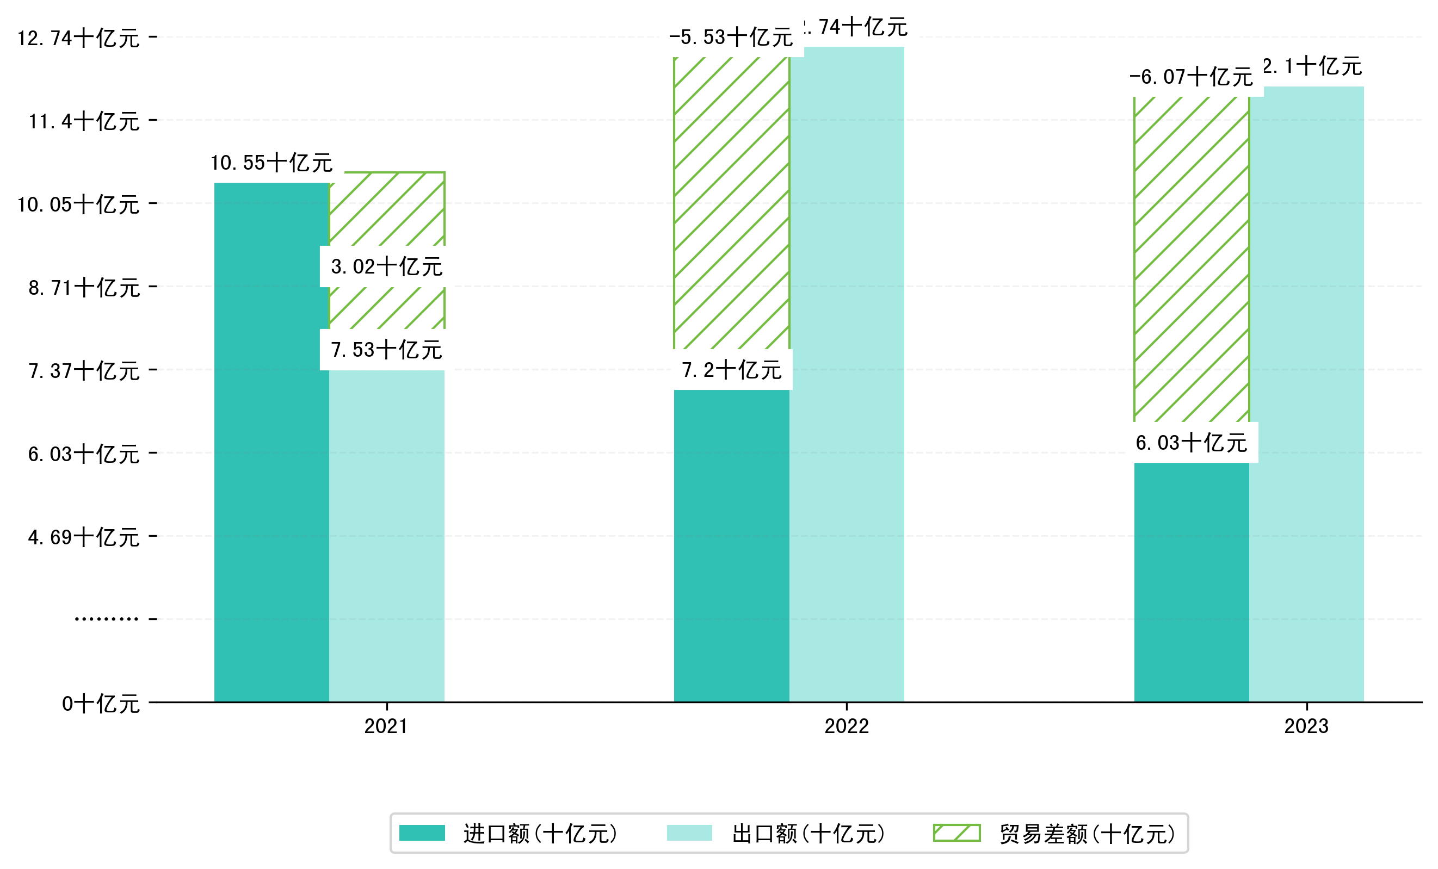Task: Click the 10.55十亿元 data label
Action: click(x=271, y=163)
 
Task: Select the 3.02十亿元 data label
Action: click(x=386, y=266)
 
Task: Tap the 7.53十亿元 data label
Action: click(x=386, y=349)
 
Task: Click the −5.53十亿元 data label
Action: click(x=731, y=38)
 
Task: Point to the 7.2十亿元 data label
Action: click(x=732, y=370)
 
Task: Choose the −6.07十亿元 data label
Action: click(x=1191, y=76)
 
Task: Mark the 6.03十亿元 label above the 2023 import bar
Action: click(x=1191, y=443)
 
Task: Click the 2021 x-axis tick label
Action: click(x=386, y=726)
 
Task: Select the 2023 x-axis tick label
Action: click(x=1306, y=726)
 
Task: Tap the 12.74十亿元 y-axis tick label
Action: click(x=78, y=39)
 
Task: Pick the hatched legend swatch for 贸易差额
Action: click(x=956, y=833)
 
